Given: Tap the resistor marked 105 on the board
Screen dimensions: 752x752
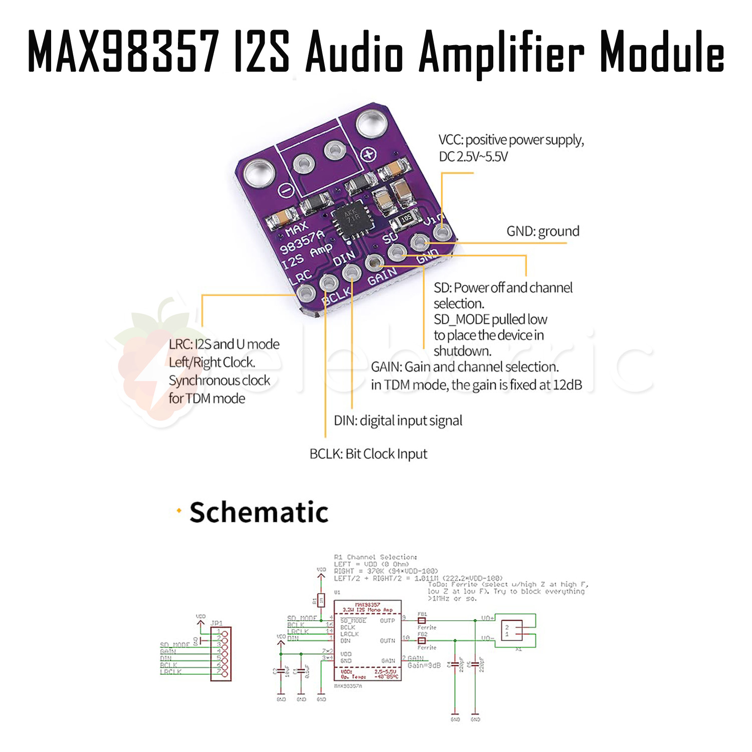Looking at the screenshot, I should (406, 218).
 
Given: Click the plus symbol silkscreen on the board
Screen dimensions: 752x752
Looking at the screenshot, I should (368, 154).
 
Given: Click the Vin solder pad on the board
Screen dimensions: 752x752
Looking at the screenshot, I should (441, 233).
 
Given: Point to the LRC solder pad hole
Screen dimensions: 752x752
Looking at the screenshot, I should (305, 294).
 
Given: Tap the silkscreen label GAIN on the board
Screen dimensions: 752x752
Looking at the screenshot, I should (382, 276).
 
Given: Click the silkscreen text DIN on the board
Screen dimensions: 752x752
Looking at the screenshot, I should (344, 258).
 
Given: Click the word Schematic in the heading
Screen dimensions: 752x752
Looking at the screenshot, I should (259, 512).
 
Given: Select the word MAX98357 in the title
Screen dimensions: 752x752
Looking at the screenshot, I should (123, 52).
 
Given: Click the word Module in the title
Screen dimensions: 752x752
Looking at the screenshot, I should (662, 52).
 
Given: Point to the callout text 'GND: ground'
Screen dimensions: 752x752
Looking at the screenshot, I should (542, 231).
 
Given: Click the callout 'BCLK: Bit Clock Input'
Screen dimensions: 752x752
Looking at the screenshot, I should (368, 454).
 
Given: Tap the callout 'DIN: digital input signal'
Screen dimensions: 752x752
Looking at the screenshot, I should (398, 421).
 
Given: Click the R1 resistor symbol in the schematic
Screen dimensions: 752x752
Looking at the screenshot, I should (321, 600).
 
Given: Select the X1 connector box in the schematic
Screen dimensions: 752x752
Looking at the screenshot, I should (512, 630).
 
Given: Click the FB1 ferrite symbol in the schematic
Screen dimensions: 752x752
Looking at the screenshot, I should (422, 620).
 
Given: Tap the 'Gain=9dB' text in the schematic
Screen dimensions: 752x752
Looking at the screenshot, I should (424, 665).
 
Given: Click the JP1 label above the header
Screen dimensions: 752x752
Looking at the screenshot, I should (217, 623).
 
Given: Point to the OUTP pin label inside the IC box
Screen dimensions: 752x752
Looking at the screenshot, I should (387, 621).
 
